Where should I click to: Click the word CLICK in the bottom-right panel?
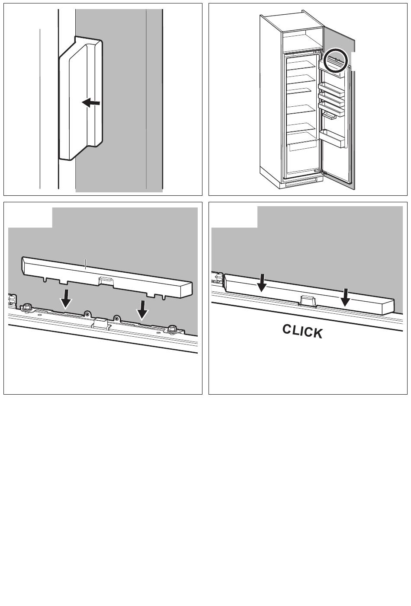click(302, 332)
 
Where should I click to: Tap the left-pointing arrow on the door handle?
click(91, 103)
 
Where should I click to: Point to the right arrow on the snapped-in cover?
click(345, 297)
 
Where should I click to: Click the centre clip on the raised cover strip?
click(106, 281)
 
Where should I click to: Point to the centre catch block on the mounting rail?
click(101, 323)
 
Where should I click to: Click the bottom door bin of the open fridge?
click(333, 138)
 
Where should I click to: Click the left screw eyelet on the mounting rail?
click(87, 314)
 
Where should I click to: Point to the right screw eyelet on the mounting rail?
click(116, 319)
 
